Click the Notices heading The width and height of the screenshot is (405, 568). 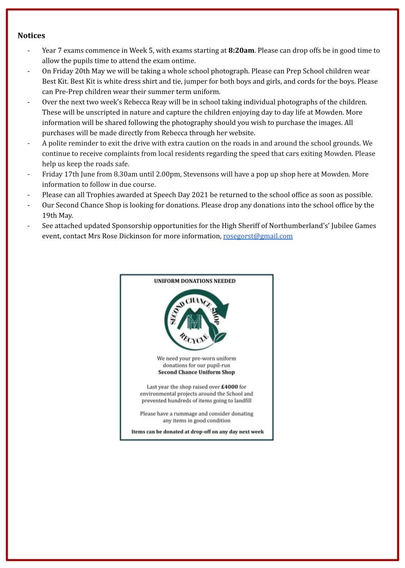click(31, 35)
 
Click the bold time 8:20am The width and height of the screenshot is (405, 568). click(241, 51)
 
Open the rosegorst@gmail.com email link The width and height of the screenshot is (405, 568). click(258, 236)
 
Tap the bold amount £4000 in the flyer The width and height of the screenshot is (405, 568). click(229, 387)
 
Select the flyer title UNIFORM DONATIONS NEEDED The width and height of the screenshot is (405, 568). click(195, 281)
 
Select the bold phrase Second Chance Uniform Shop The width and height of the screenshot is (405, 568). click(197, 372)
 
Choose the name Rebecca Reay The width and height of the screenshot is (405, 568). click(149, 102)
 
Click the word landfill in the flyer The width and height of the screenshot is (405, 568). click(243, 401)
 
